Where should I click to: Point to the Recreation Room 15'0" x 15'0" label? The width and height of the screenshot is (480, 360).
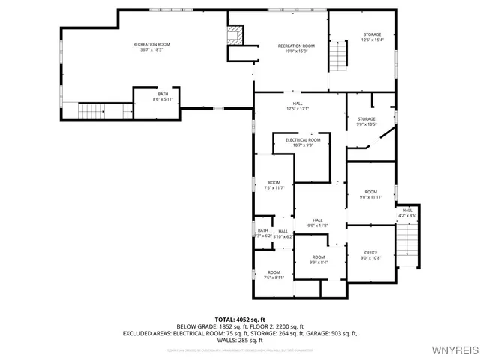coord(296,49)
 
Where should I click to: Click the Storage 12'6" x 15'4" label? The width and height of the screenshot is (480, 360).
coord(373,37)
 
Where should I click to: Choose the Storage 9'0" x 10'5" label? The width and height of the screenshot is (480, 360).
coord(366,121)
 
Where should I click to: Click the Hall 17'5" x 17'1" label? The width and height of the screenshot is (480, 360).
coord(298,106)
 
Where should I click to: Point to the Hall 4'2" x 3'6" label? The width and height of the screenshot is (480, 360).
coord(407,213)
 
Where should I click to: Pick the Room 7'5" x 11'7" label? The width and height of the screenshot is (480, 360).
coord(274,185)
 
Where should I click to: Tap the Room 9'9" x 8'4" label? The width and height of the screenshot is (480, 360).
coord(319,259)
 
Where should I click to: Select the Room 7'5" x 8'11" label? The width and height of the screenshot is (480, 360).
coord(274,274)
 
